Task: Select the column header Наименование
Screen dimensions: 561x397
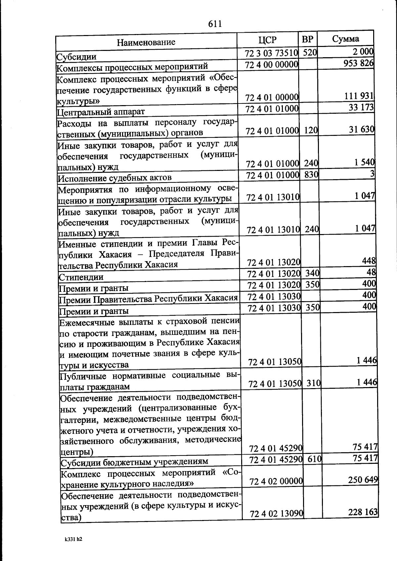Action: [x=146, y=42]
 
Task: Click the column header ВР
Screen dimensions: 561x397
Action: [x=307, y=39]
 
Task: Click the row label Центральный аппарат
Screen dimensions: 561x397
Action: [x=101, y=111]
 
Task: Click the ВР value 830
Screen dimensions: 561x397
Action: [x=311, y=174]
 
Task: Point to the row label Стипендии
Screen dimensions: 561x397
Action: [x=81, y=277]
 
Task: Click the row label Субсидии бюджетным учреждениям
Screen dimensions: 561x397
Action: [x=135, y=461]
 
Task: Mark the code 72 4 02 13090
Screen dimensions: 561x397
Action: [x=277, y=514]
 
